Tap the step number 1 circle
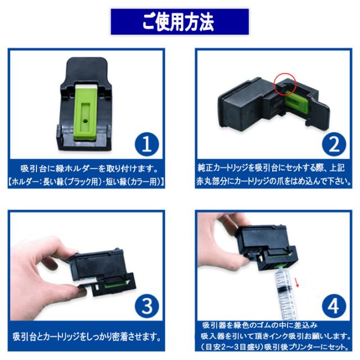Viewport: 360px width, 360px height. (146, 145)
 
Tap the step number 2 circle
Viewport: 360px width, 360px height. (334, 145)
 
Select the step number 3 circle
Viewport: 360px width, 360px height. (146, 307)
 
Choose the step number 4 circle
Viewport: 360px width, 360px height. (334, 307)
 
